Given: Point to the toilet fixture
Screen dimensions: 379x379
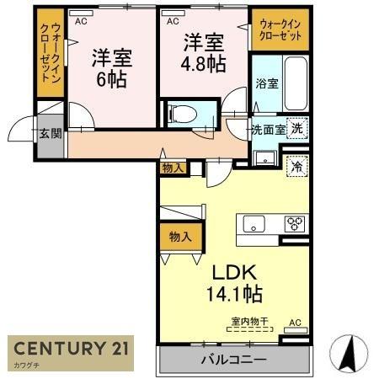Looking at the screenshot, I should [181, 113].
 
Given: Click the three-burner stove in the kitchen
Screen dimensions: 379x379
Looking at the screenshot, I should [294, 224].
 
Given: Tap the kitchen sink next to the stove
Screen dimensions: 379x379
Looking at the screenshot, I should [254, 224].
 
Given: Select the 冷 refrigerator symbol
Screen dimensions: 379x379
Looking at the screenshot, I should [296, 166].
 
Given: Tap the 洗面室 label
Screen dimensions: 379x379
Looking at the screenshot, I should [267, 131].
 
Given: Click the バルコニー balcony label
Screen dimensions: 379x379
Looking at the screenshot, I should [233, 360].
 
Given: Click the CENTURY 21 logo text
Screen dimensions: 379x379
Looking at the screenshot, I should [70, 349].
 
